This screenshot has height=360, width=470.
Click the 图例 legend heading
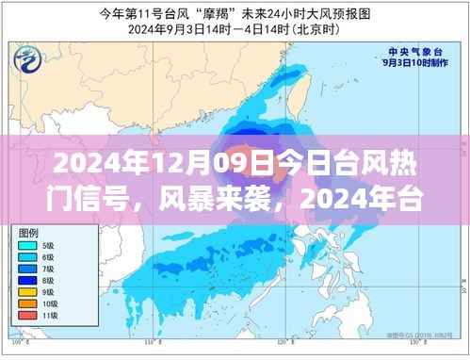point(34,231)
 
